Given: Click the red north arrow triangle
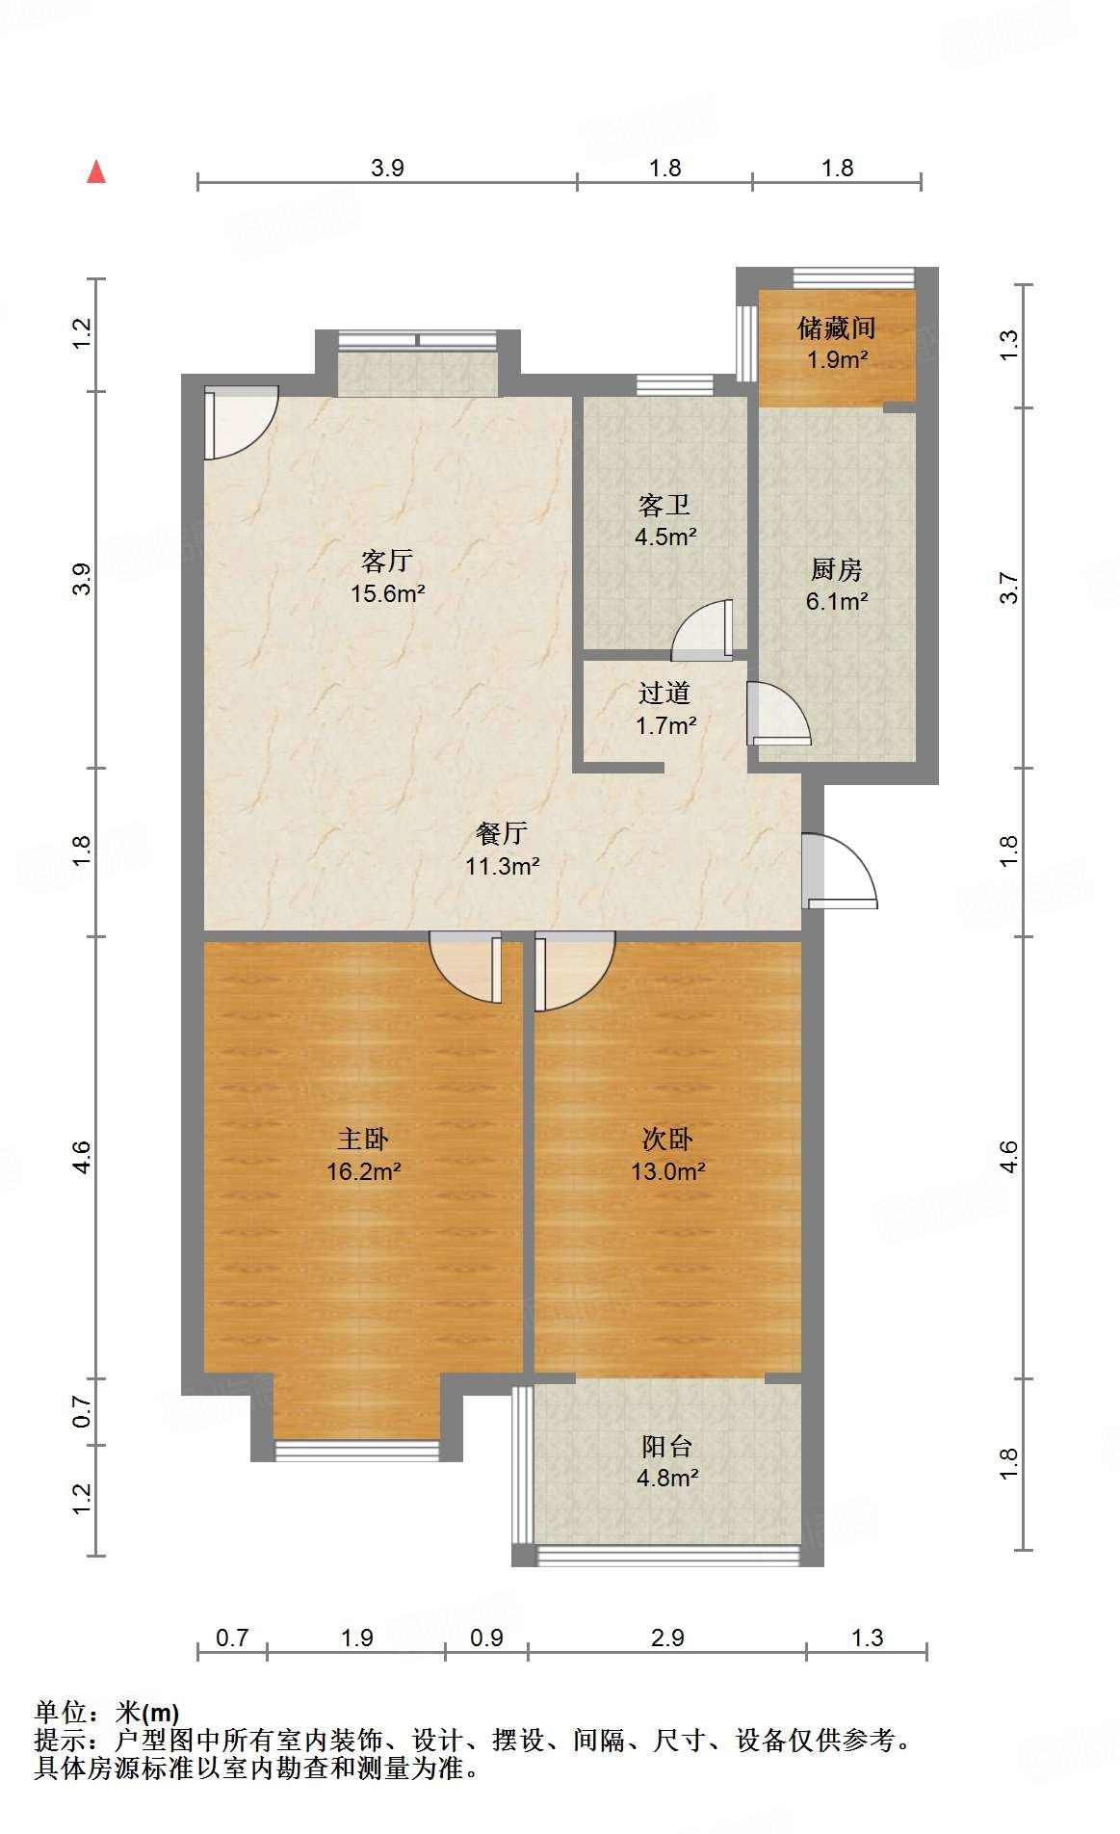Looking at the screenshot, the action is click(96, 171).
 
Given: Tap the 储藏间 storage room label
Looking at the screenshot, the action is click(836, 328).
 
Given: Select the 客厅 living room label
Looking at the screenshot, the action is click(387, 561).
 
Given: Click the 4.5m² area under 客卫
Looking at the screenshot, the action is click(665, 537).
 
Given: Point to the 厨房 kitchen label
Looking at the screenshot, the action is click(836, 569).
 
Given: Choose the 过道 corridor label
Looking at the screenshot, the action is click(664, 693).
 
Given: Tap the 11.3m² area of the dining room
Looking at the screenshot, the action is click(502, 866).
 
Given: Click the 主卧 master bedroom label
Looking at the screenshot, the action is click(363, 1140).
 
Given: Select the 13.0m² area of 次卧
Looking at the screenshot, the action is click(667, 1171).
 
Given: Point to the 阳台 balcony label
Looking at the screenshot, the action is click(666, 1446).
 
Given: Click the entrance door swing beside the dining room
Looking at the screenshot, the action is click(840, 871).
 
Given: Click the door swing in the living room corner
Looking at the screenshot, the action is click(242, 423).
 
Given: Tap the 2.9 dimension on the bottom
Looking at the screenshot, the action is click(667, 1637).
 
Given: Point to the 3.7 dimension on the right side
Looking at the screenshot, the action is click(1008, 588).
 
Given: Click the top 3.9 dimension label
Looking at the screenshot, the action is click(387, 168).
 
